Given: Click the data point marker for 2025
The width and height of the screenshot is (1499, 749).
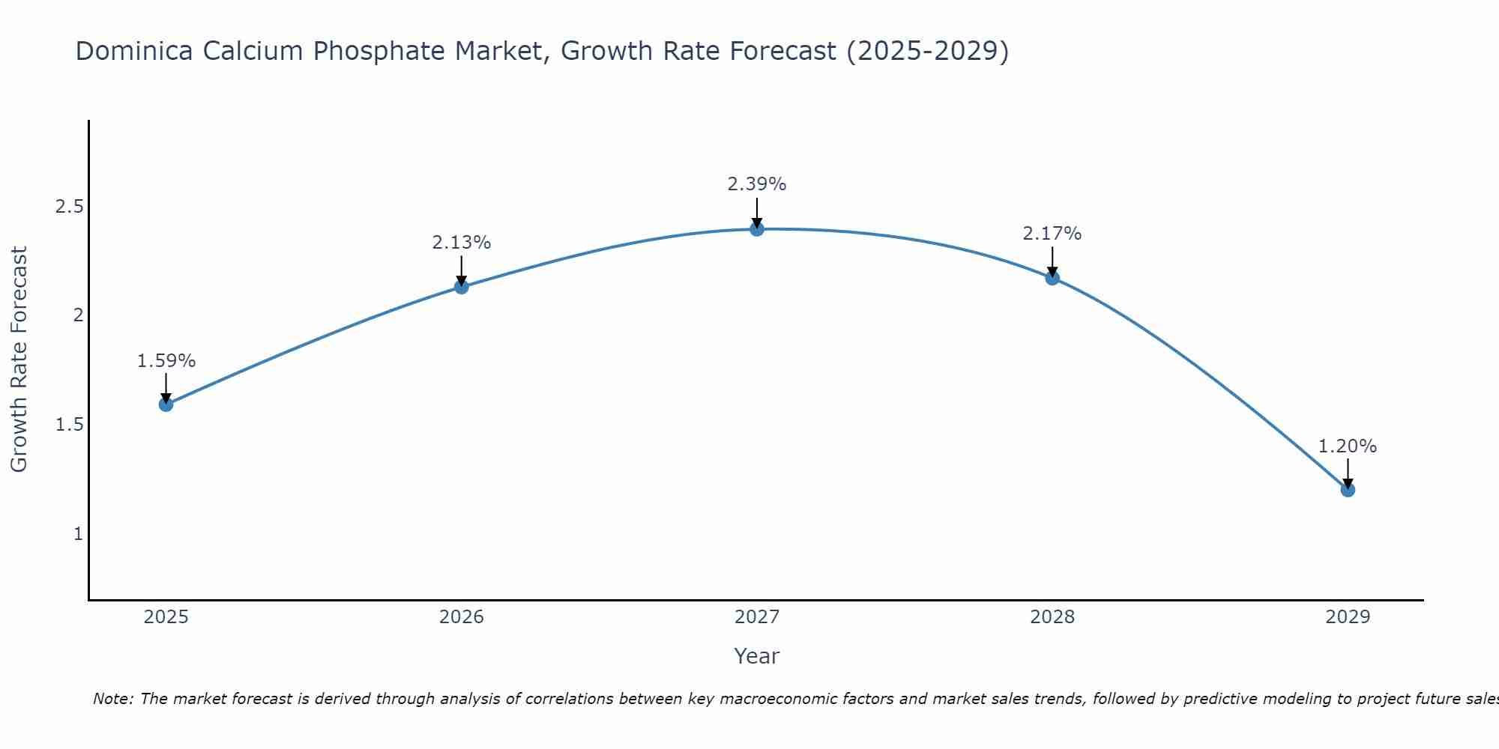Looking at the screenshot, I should pos(166,404).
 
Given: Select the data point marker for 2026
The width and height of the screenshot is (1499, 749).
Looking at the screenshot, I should pos(462,286).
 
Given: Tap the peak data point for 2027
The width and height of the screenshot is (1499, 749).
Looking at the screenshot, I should pos(757,228).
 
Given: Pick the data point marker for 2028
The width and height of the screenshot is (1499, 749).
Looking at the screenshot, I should pos(1052,278).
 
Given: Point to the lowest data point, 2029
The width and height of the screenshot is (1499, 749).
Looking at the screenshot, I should pos(1348,490).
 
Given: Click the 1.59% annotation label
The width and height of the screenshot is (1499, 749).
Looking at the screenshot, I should pos(166,361).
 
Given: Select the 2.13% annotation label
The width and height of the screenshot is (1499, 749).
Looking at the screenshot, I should pos(462,243).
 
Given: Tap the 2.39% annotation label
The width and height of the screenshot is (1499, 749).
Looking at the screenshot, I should pos(757,184).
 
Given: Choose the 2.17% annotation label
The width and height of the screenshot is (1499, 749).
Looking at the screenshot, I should pos(1052,234).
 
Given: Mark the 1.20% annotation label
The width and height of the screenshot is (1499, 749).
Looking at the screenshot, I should pos(1348,446).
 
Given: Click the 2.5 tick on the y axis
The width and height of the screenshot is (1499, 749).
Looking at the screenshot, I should pos(69,207).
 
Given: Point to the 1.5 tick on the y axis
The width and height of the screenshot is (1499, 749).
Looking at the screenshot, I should pos(69,425).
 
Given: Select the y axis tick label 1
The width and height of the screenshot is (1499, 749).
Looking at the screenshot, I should pos(78,534).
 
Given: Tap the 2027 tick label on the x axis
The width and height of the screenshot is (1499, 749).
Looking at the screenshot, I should pos(757,617).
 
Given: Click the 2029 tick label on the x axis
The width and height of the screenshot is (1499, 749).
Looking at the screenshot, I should pos(1348,617).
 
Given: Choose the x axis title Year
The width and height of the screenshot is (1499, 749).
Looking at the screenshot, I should pos(757,656).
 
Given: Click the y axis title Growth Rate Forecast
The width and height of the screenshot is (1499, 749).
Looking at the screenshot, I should pos(19,360).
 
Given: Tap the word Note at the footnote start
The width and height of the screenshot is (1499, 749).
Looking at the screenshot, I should pos(112,699).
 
